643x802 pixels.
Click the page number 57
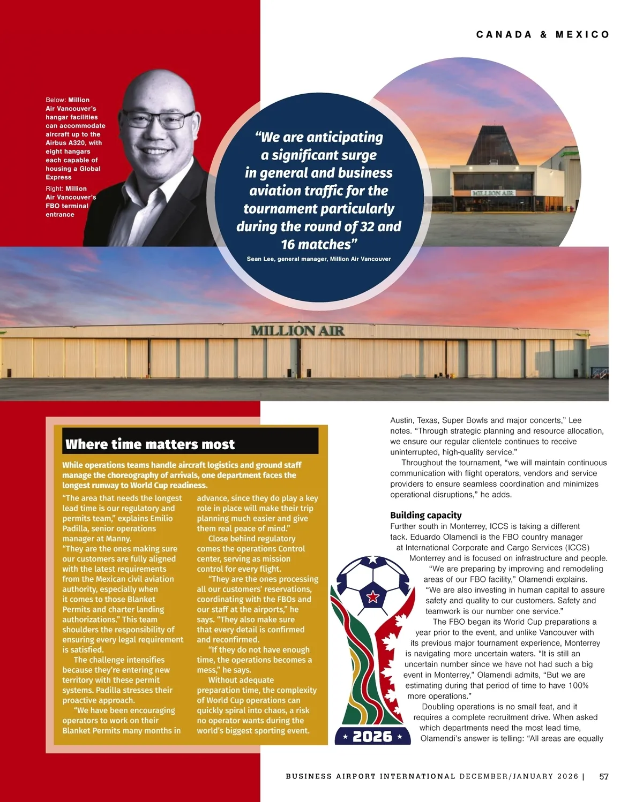604,776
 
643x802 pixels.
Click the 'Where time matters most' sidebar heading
150,444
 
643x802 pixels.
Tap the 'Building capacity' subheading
425,515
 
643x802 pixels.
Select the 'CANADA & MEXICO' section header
543,35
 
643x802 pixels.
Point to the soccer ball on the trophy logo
372,584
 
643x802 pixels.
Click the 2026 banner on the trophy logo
372,737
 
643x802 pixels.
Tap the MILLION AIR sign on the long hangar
297,331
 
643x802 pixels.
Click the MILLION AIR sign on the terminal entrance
493,193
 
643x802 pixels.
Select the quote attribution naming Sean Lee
318,259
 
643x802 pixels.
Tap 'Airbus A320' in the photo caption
66,143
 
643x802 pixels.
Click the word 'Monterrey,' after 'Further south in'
466,526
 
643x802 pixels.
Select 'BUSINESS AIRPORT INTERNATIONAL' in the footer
370,776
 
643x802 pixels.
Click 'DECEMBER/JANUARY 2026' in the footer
519,776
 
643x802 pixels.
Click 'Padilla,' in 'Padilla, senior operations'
77,528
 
